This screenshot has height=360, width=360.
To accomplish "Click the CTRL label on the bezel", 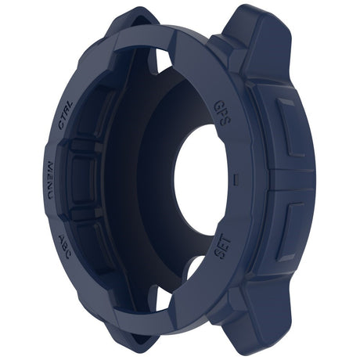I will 66,114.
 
